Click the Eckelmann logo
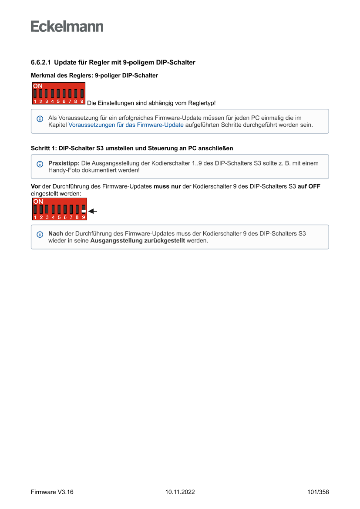click(x=67, y=27)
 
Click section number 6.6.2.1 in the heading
click(x=41, y=62)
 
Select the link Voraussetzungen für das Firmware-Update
click(x=126, y=125)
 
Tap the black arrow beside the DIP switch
click(x=92, y=211)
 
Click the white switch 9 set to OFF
click(x=83, y=211)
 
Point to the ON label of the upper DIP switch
click(x=38, y=86)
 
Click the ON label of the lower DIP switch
click(x=38, y=202)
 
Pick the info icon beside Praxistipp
click(x=40, y=164)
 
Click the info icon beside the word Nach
click(x=40, y=234)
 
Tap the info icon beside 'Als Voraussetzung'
click(x=40, y=118)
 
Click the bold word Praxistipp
click(x=64, y=163)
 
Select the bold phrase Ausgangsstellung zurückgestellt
click(x=137, y=241)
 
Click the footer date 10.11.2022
click(x=180, y=492)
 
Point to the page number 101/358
click(x=318, y=492)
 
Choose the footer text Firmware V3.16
click(x=52, y=492)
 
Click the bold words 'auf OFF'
click(x=309, y=186)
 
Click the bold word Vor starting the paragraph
click(x=36, y=186)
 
